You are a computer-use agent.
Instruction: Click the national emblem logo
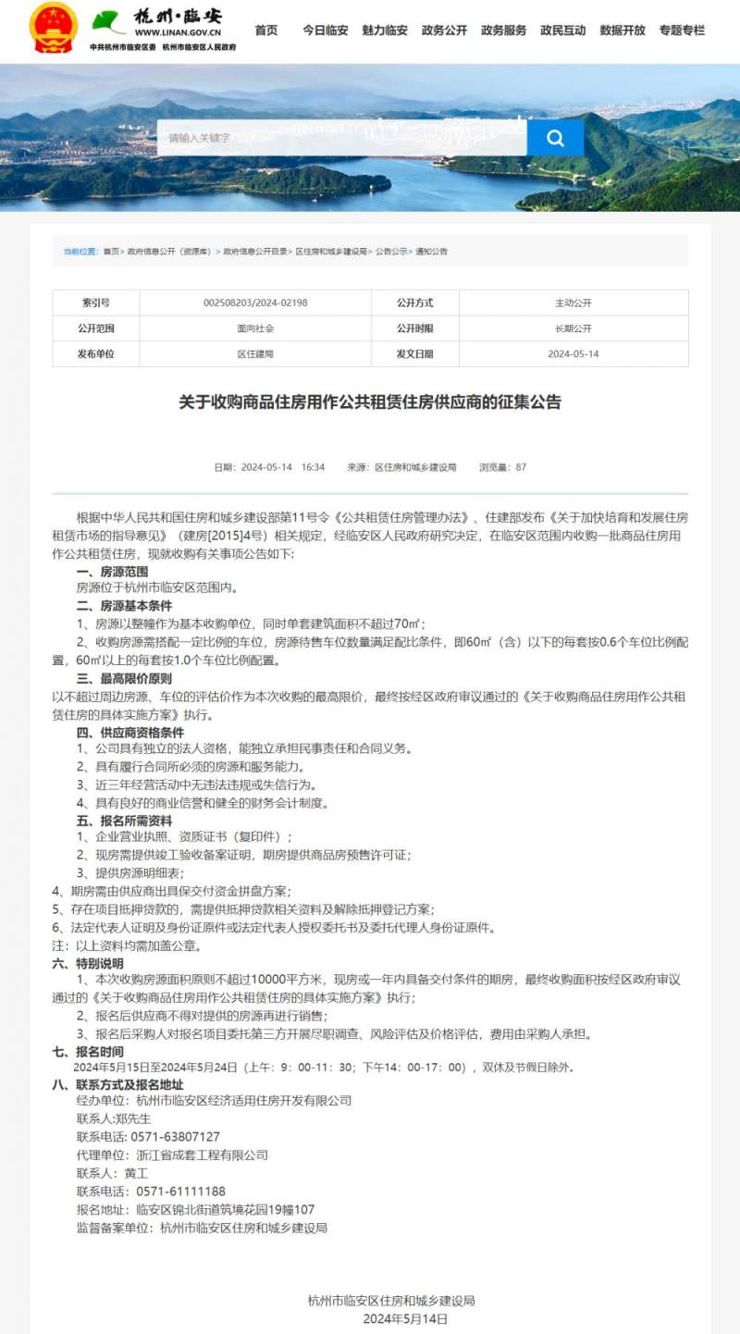pos(54,28)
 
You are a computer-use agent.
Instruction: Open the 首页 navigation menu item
pos(266,31)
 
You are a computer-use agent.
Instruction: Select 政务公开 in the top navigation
pos(444,31)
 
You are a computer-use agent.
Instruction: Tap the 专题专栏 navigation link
pos(682,31)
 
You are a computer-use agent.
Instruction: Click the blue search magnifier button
pos(555,138)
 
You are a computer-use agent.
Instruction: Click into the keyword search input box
pos(342,138)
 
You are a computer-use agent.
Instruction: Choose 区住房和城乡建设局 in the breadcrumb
pos(332,252)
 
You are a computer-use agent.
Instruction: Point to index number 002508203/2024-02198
pos(255,303)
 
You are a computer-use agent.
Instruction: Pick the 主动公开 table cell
pos(573,303)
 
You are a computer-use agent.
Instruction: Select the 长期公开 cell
pos(573,328)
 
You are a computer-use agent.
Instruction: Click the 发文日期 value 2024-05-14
pos(573,354)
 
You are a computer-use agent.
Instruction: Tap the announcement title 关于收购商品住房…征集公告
pos(370,402)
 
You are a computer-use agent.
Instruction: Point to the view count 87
pos(521,467)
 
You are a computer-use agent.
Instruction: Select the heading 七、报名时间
pos(88,1052)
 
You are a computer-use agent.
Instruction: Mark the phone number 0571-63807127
pos(175,1136)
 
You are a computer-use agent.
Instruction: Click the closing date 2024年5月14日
pos(405,1318)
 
